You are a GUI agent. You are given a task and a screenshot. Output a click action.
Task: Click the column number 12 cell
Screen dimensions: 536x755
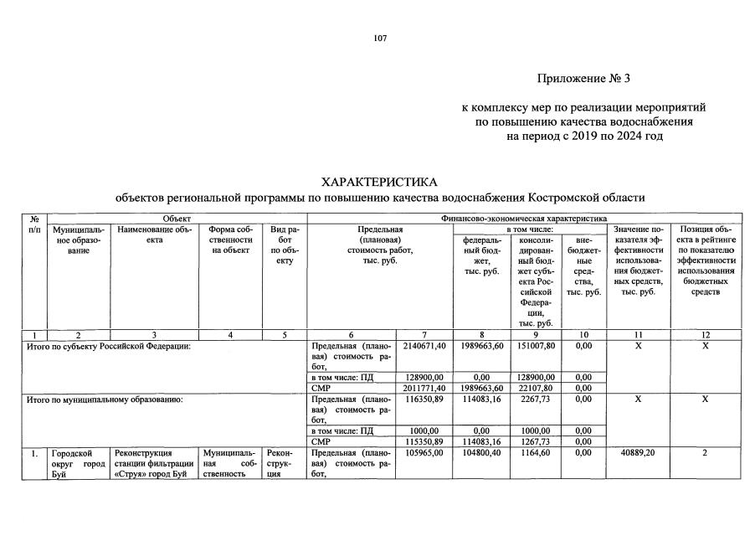[705, 334]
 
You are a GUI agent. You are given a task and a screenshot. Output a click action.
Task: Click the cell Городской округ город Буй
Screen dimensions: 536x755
[78, 465]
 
